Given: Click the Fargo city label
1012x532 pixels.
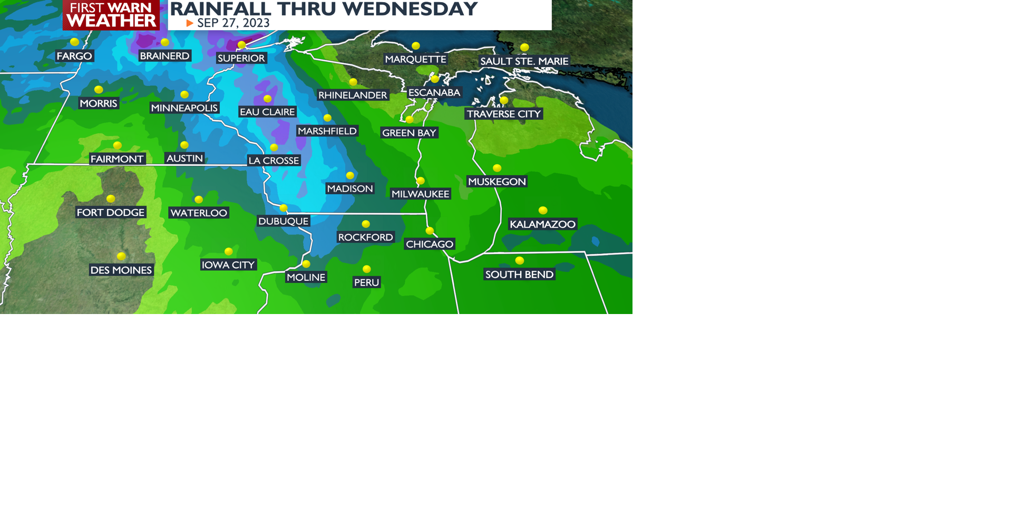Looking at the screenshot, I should click(74, 56).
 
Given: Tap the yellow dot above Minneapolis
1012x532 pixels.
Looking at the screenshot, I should click(184, 94).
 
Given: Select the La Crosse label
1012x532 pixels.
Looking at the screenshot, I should click(274, 160).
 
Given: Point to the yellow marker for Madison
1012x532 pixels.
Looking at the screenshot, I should click(350, 175).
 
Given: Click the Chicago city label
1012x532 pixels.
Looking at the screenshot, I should click(430, 244).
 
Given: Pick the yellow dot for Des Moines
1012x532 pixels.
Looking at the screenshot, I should click(121, 256).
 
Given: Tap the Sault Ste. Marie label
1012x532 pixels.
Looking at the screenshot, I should click(524, 61).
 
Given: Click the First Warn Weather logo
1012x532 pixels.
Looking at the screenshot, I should click(111, 15).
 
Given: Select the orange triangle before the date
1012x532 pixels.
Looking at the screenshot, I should click(190, 23).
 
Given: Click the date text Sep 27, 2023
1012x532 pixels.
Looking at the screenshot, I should click(233, 23).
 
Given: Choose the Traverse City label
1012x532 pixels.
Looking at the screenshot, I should click(504, 114).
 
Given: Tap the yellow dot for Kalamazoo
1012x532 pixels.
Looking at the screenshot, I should click(543, 210).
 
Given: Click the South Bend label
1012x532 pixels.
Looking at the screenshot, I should click(519, 274).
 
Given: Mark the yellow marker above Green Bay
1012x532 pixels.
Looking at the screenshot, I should click(410, 120).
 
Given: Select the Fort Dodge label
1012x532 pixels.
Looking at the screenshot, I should click(111, 213).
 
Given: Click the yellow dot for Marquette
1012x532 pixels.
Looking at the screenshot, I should click(416, 46).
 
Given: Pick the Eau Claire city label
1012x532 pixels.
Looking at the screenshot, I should click(267, 112).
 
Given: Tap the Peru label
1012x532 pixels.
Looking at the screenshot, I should click(367, 282).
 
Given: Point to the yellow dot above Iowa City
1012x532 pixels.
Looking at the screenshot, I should click(229, 251).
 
